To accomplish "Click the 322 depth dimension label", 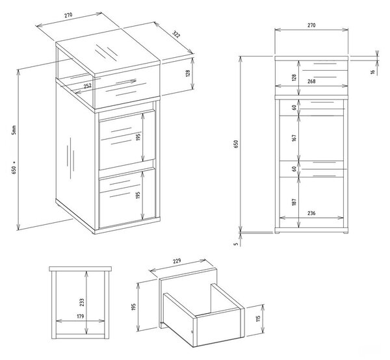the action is (176, 35).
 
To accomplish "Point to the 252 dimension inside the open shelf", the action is (88, 86).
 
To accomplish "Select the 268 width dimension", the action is (311, 81).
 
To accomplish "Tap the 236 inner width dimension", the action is (311, 213).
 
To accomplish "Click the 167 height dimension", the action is (294, 138).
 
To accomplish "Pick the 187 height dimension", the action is (294, 202).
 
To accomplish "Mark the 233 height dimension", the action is (82, 302).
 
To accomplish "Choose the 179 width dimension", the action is (81, 316).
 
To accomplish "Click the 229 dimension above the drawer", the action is (177, 261).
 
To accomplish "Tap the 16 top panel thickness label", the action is (372, 72).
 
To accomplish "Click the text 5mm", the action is (14, 130).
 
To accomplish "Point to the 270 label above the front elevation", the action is (311, 25).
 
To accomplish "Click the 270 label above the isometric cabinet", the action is (68, 15).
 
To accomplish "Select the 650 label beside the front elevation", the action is (236, 144).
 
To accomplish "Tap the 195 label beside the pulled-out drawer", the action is (133, 307).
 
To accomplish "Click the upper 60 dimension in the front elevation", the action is (294, 107).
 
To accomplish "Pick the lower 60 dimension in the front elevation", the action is (294, 169).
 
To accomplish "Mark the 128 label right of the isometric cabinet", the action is (188, 73).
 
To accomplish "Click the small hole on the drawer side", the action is (192, 331).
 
